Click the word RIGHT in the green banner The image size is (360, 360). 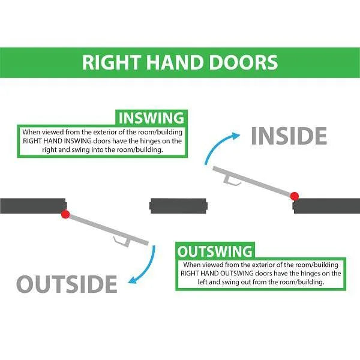click(112, 62)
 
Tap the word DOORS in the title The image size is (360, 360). click(244, 62)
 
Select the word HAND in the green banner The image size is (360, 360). click(175, 62)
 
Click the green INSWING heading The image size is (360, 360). click(151, 118)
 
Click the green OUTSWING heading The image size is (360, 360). click(215, 251)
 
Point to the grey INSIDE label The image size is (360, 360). click(289, 136)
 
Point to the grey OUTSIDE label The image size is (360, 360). click(67, 284)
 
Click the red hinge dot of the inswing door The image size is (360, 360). click(295, 196)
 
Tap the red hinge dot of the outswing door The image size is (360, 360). click(65, 214)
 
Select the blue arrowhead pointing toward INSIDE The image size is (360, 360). click(236, 136)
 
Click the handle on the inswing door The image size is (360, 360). click(231, 180)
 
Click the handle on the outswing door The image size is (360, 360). click(122, 241)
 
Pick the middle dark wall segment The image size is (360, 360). click(178, 206)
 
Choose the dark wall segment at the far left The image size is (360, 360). click(33, 206)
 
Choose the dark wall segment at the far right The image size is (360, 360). click(326, 206)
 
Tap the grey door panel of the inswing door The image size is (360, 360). click(251, 181)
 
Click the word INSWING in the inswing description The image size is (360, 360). click(78, 141)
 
